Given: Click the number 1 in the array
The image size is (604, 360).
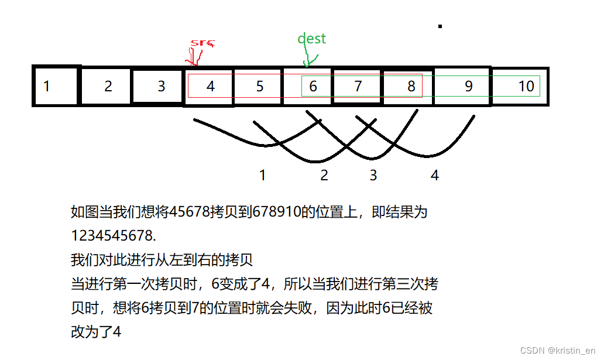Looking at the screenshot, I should (x=47, y=87).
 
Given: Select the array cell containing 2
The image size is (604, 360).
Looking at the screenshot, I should (x=108, y=87).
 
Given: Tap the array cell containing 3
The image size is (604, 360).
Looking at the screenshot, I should (x=162, y=87).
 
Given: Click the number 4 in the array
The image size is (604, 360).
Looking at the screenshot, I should (x=211, y=87).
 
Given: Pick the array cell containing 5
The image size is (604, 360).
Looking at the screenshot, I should (x=260, y=87).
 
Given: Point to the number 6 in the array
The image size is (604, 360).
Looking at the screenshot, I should (x=313, y=87).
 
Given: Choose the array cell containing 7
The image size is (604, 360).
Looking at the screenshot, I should (x=358, y=87).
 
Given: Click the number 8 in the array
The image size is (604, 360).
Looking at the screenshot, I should (x=411, y=87).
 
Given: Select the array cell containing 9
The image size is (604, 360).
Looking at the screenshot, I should (x=468, y=87).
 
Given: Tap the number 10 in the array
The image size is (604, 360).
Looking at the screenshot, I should (x=526, y=87).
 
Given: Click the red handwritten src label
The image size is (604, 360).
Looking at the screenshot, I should (x=203, y=43).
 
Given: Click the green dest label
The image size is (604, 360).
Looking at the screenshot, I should (x=311, y=39).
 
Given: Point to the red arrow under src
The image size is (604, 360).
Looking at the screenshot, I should (x=194, y=57).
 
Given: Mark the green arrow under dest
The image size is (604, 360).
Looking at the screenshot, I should (x=309, y=59).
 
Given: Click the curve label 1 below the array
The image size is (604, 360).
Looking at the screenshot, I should (x=263, y=175).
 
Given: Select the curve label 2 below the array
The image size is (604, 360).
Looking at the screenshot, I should (x=324, y=175).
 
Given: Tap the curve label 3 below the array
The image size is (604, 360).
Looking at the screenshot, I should (x=373, y=175).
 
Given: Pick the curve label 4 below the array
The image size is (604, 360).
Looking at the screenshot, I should (x=434, y=175).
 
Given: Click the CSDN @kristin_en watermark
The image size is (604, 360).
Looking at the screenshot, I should (x=558, y=349).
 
